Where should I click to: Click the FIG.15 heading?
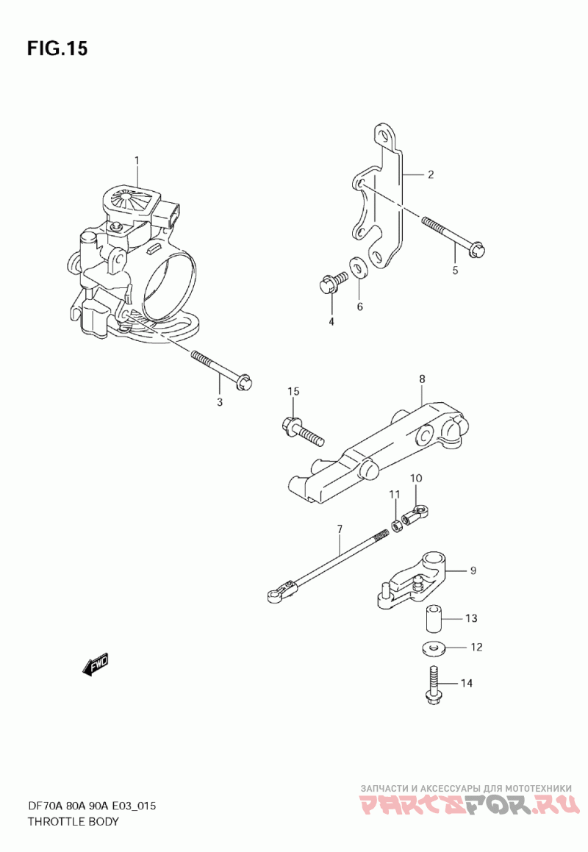[x=57, y=49]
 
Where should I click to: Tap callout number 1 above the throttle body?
[x=137, y=160]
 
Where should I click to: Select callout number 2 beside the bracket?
[x=431, y=174]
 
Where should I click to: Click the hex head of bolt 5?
[x=476, y=249]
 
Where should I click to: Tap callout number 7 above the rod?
[x=340, y=529]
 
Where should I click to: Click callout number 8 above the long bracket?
[x=422, y=379]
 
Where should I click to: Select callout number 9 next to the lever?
[x=473, y=570]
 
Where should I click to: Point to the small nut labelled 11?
[x=397, y=526]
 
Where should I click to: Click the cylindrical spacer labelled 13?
[x=433, y=618]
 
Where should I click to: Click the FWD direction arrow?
[x=96, y=664]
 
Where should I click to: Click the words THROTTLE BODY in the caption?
[x=73, y=821]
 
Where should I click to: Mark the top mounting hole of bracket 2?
[x=384, y=135]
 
